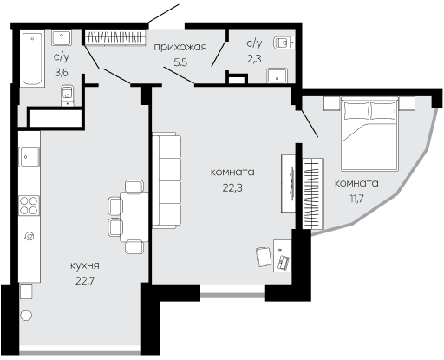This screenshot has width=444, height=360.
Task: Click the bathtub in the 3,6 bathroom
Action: point(32,58)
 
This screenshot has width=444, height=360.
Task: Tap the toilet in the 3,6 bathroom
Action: point(68,95)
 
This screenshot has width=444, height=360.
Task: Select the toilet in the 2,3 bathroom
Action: point(284,43)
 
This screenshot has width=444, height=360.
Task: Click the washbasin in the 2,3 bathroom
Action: point(277,75)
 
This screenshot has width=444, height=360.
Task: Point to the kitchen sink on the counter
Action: point(29,157)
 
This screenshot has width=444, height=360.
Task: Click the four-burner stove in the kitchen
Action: point(29,206)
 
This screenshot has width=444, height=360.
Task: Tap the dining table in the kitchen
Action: point(134,217)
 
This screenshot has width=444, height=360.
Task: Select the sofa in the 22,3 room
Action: point(166,180)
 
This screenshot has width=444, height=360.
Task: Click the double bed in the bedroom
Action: point(369,134)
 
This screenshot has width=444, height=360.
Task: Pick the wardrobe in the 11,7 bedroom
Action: point(313,193)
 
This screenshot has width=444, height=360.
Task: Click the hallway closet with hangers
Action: point(115,37)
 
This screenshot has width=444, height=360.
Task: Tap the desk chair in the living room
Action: point(264,257)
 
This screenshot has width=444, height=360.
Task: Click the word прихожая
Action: point(180,47)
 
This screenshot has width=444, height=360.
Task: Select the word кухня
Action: point(85,265)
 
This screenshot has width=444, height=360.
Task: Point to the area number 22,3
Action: point(232,188)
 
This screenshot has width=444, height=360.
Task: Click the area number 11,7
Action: point(356,199)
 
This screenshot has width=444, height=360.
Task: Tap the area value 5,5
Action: point(180,62)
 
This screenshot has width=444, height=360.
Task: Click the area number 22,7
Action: point(85,281)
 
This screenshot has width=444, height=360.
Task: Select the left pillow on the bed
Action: point(356,111)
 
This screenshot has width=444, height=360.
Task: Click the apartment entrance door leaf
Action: point(164,13)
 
